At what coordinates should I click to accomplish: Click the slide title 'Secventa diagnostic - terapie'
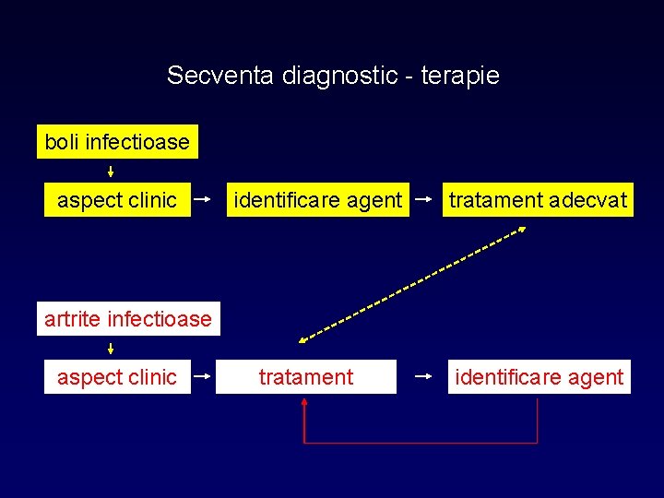333,76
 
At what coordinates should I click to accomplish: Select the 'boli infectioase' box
117,142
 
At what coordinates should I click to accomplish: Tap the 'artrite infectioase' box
128,319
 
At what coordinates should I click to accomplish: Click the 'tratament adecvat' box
539,199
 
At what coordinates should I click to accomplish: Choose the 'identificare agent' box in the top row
318,199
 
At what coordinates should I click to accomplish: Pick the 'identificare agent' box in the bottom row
539,376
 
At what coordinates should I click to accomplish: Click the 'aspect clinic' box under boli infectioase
117,199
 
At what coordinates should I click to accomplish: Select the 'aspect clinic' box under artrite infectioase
117,376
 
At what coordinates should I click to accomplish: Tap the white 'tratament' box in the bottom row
306,376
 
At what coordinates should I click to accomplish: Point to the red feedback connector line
421,443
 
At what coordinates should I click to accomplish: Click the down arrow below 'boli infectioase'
111,171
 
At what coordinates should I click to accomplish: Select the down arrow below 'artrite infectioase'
111,348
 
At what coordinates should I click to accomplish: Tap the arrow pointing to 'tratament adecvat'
426,198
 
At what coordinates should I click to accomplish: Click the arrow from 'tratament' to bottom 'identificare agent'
426,376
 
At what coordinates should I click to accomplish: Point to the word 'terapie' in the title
460,76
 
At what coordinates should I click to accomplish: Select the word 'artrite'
73,319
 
